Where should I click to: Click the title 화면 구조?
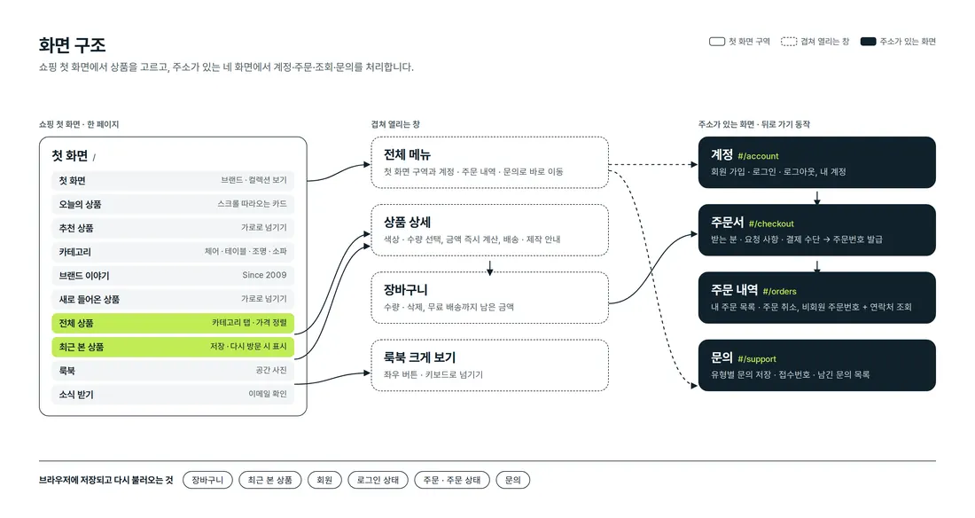(x=72, y=45)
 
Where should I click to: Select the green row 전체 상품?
(x=173, y=323)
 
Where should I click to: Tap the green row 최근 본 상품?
(x=173, y=347)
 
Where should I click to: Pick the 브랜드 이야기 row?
(x=173, y=276)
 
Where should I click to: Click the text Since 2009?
(x=264, y=275)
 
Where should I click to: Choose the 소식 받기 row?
(x=173, y=394)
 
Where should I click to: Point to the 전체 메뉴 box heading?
(x=407, y=154)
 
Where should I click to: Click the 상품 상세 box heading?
(x=407, y=223)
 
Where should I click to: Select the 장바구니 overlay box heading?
(x=405, y=290)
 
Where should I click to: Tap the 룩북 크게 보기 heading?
(x=420, y=357)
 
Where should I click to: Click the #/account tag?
(x=758, y=156)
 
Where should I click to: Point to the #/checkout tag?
(x=771, y=224)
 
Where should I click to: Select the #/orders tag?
(x=779, y=291)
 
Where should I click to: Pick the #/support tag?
(x=757, y=359)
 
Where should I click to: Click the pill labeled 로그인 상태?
(x=378, y=480)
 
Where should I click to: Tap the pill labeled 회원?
(x=324, y=480)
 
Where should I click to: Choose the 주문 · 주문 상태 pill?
(x=452, y=480)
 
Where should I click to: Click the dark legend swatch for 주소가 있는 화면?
(x=868, y=42)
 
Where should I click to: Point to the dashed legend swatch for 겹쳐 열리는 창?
(x=789, y=42)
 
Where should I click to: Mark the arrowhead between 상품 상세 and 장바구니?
(x=490, y=271)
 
